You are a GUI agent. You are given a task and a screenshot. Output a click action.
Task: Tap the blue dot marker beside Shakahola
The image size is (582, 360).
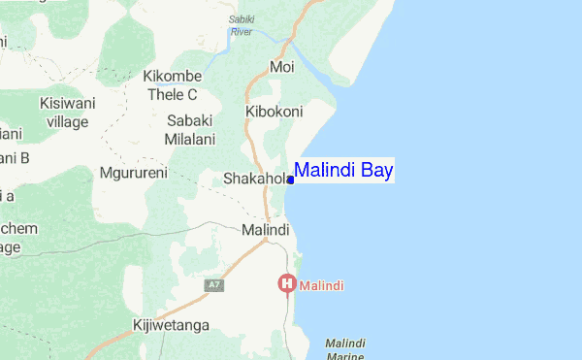(291, 180)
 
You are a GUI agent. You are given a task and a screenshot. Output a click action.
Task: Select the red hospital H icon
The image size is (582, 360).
(287, 284)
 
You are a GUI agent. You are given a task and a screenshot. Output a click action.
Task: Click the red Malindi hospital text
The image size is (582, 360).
(323, 286)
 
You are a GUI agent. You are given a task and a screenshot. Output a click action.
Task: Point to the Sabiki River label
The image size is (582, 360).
(241, 25)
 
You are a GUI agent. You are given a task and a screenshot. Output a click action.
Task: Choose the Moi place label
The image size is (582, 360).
(282, 67)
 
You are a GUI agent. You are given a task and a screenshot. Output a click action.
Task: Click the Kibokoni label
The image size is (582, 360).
(276, 112)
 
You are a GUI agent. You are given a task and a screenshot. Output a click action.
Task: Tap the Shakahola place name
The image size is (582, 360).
(255, 179)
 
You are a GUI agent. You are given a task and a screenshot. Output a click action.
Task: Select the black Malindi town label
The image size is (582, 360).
(265, 230)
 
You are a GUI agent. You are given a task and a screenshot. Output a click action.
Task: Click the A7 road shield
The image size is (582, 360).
(215, 285)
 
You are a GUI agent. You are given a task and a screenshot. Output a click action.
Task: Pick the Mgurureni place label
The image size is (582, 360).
(134, 174)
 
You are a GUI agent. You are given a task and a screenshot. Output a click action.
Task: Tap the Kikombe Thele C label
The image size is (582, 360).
(172, 85)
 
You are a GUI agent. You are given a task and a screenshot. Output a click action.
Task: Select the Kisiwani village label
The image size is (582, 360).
(64, 112)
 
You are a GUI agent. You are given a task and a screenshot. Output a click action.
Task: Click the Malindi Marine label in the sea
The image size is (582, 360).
(345, 350)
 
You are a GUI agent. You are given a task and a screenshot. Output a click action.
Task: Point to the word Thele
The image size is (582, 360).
(165, 94)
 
